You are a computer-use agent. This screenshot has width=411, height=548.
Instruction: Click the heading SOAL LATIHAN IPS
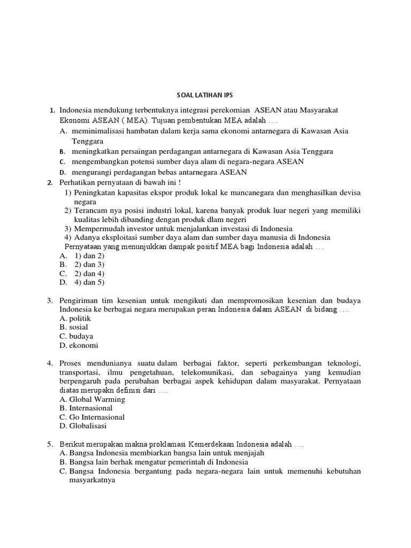tap(205, 97)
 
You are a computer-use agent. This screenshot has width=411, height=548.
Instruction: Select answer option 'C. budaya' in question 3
tap(77, 336)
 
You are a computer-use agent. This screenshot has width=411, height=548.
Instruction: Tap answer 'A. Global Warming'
tap(92, 399)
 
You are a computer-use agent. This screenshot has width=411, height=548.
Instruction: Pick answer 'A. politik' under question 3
tap(75, 318)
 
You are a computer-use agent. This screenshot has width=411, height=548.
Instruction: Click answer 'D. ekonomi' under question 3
tap(79, 345)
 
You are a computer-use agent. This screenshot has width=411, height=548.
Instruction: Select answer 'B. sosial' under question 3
tap(74, 327)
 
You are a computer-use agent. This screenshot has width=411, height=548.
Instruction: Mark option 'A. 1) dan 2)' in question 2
tap(81, 255)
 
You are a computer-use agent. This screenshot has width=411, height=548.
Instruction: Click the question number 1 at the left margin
tap(52, 110)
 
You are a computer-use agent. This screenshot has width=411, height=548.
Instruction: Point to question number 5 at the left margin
tap(49, 444)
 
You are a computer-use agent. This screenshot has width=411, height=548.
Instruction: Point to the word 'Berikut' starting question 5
tap(73, 444)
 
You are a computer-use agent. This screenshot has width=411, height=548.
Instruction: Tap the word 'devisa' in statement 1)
tap(349, 192)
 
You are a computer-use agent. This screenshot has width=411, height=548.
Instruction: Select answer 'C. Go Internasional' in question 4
tap(92, 417)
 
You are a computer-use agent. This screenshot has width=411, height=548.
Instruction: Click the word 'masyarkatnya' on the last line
tap(94, 480)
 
